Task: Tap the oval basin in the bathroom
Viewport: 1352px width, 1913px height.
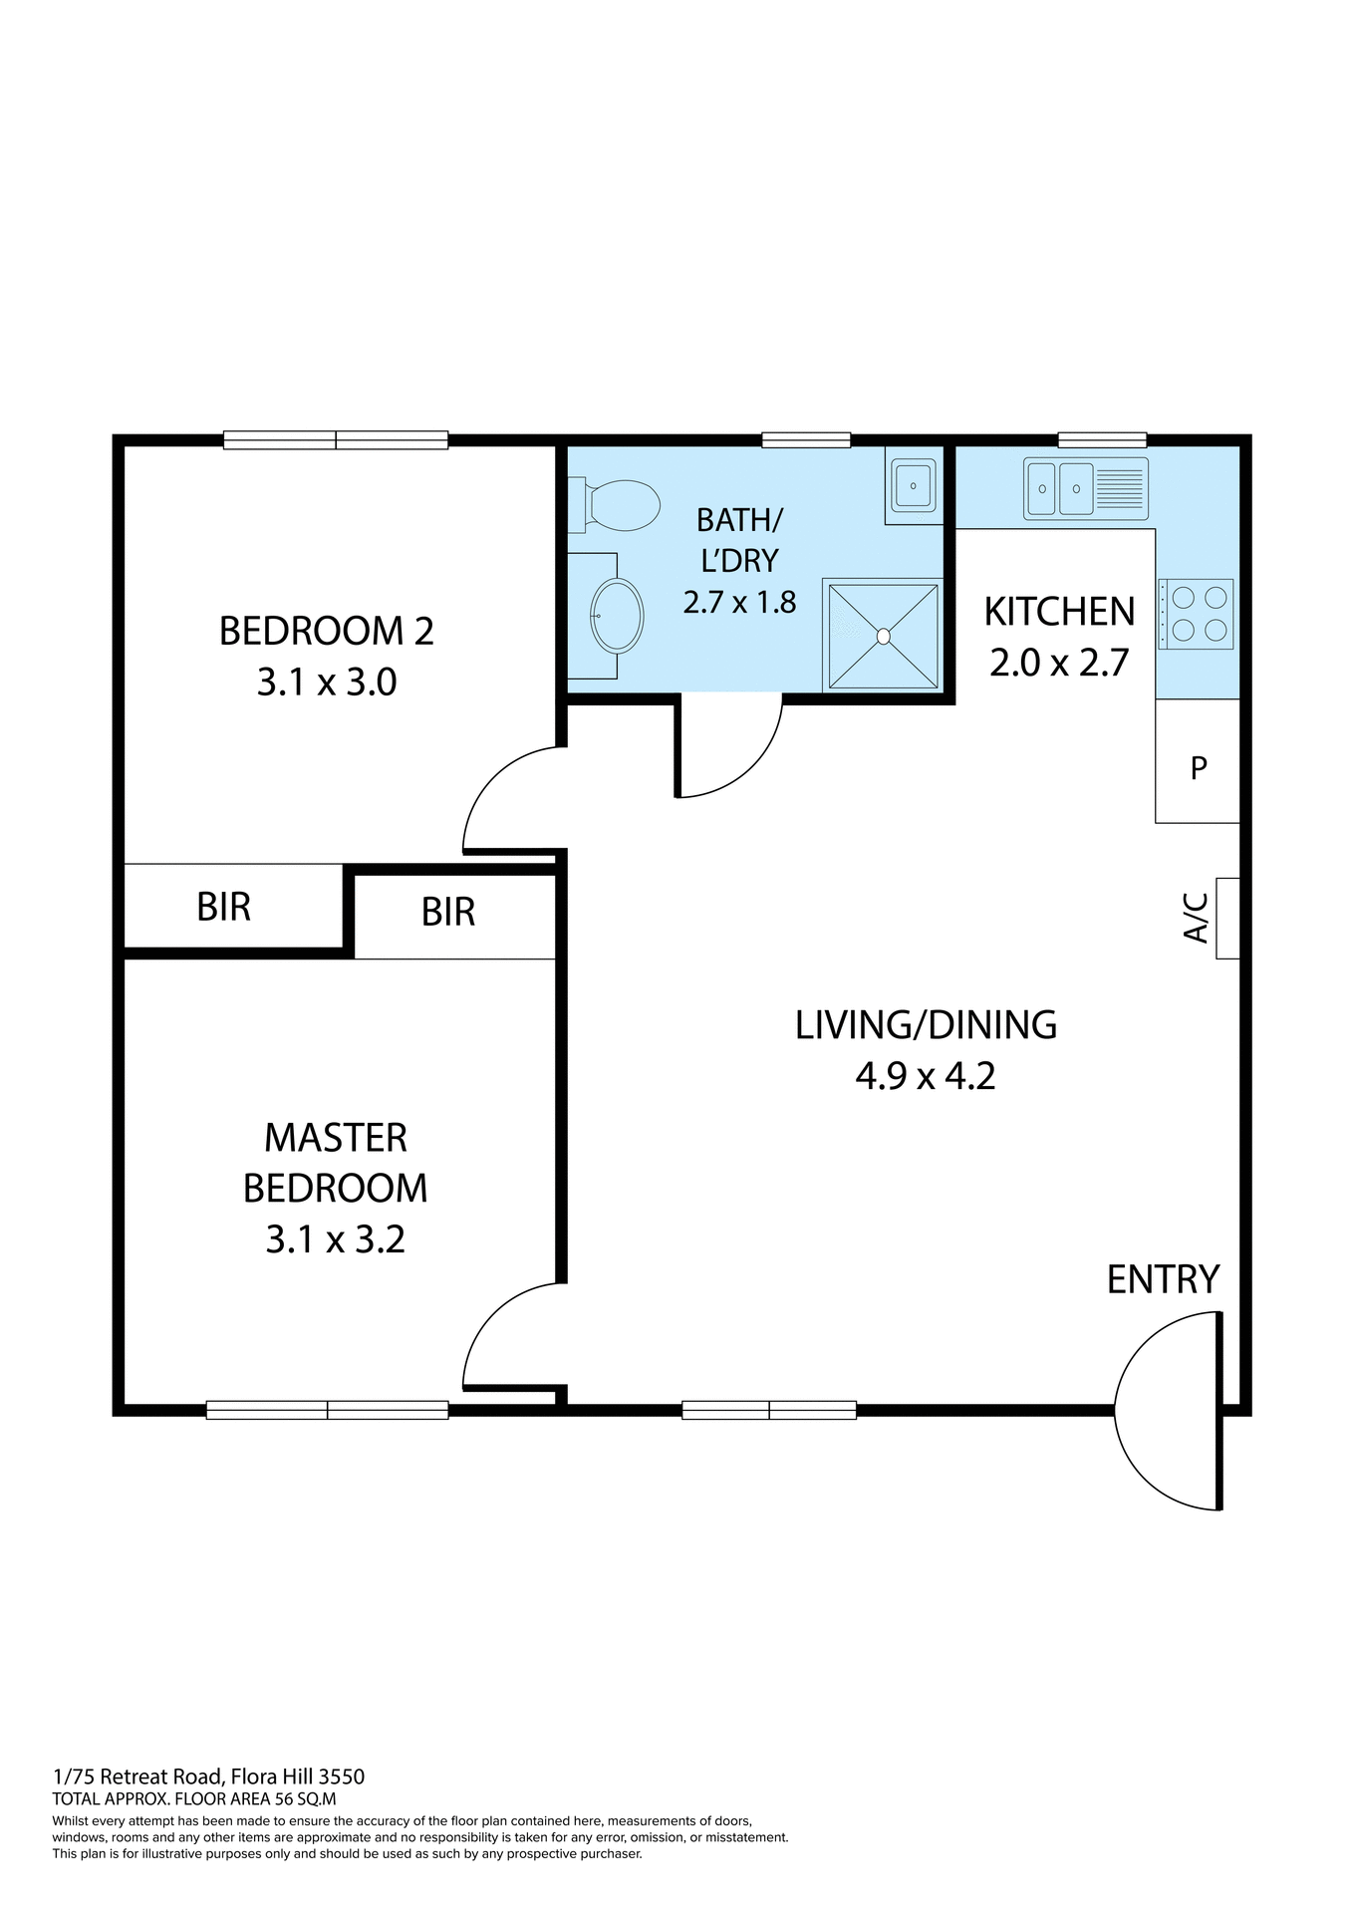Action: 616,616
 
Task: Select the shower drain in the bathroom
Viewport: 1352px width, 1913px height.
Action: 883,636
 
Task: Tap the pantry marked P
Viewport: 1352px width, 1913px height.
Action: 1199,767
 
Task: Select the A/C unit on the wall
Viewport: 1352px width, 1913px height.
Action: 1227,918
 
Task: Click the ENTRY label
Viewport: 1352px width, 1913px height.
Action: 1163,1279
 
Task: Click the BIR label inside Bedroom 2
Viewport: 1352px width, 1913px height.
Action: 224,907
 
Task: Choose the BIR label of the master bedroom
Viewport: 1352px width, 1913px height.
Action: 448,912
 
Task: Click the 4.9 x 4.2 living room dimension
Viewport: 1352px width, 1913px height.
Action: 925,1076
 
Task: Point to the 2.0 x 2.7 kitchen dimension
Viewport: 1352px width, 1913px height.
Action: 1058,663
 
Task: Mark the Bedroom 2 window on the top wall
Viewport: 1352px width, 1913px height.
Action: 336,439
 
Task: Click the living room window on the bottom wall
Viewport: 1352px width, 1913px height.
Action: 768,1410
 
